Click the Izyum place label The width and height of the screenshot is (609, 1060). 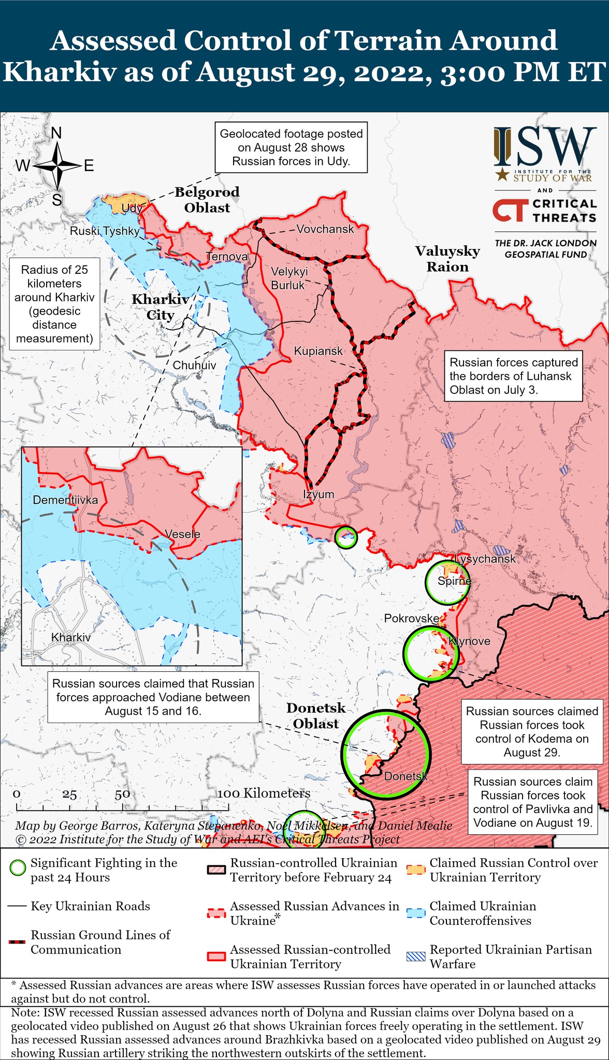318,494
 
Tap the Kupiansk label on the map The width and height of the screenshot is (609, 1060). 318,351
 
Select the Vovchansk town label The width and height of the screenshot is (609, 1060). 325,229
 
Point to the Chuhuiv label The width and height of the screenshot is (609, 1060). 194,365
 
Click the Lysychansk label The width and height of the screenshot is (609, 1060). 485,558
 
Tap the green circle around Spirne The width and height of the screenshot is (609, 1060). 447,582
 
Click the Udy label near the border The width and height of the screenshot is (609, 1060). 132,208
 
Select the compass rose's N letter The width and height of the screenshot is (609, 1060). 56,134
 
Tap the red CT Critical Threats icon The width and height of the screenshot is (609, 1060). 510,211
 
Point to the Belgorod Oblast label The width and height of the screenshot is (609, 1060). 207,200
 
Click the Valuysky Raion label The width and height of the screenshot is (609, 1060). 447,259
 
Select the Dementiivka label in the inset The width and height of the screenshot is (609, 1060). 65,500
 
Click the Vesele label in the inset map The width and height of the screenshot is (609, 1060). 182,534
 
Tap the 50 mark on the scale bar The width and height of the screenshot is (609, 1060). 122,794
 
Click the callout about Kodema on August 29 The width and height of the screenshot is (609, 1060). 532,731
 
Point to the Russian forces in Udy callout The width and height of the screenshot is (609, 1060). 291,148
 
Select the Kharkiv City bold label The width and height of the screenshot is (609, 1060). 160,307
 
